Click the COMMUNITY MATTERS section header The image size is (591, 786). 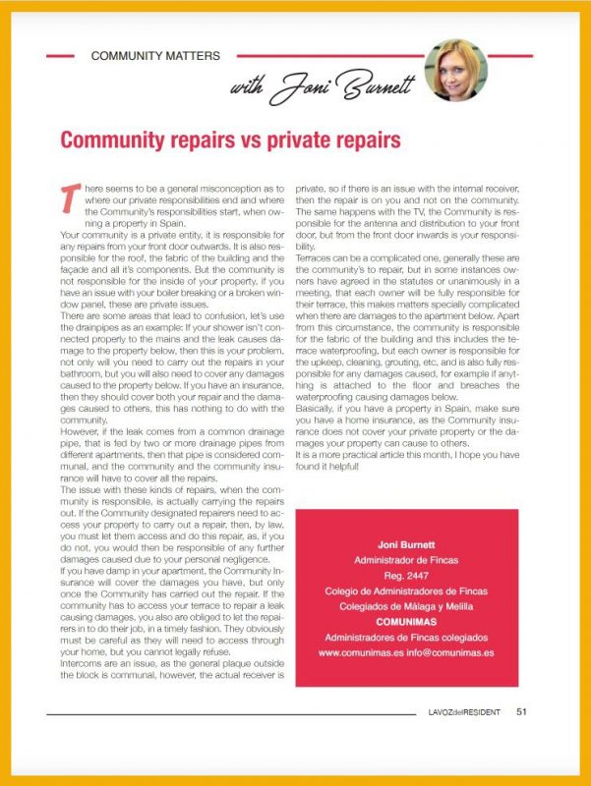pyautogui.click(x=155, y=56)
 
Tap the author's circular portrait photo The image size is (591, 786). pyautogui.click(x=454, y=69)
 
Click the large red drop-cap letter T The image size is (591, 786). pyautogui.click(x=69, y=195)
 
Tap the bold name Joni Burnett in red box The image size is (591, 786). pyautogui.click(x=406, y=543)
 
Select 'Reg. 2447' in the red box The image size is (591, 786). pyautogui.click(x=406, y=575)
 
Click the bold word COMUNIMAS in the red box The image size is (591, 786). pyautogui.click(x=406, y=622)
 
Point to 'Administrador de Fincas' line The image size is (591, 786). pyautogui.click(x=406, y=559)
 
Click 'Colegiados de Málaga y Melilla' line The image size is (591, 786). pyautogui.click(x=406, y=606)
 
